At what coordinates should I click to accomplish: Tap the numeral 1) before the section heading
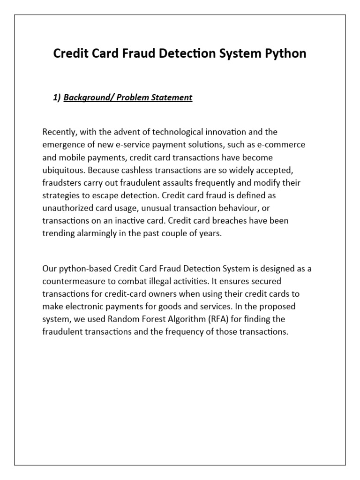click(x=57, y=97)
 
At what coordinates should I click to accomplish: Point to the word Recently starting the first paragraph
click(x=60, y=132)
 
